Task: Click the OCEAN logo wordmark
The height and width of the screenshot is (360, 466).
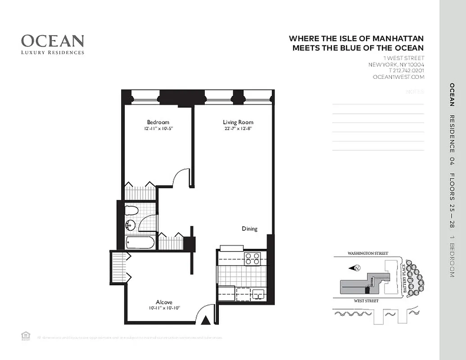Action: coord(53,41)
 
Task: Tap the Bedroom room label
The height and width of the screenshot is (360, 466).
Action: coord(158,122)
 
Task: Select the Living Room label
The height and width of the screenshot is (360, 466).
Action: coord(238,122)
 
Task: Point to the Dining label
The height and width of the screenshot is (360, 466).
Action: coord(249,229)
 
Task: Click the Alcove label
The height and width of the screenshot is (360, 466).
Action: coord(164,302)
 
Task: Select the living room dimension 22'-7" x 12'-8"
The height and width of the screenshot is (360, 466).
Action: coord(238,129)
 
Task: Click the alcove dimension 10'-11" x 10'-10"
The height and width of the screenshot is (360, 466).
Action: coord(164,308)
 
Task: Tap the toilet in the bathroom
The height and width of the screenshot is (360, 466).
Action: coord(131,210)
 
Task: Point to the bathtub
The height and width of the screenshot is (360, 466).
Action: coord(140,243)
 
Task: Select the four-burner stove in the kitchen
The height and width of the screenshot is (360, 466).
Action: coord(253,258)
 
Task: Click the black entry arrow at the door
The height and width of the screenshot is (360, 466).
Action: coord(206,320)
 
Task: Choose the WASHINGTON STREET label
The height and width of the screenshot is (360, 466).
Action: coord(367,254)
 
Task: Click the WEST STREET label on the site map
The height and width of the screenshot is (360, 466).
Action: coord(366,301)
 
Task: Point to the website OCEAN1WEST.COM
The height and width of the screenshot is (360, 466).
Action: coord(398,77)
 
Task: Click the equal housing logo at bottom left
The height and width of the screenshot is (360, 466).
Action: coord(25,335)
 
